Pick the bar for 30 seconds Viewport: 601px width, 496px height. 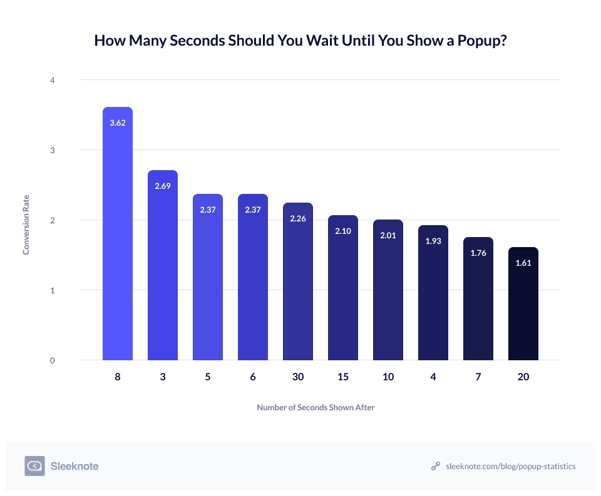pyautogui.click(x=298, y=281)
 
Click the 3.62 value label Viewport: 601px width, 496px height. pyautogui.click(x=118, y=123)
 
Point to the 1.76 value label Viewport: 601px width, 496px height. pyautogui.click(x=478, y=253)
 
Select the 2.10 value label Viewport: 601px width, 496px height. pyautogui.click(x=343, y=231)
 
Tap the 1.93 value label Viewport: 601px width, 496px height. pyautogui.click(x=433, y=241)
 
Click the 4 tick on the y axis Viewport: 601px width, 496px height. pyautogui.click(x=53, y=80)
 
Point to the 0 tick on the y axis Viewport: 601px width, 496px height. pyautogui.click(x=53, y=360)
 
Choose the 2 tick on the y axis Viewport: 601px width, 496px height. pyautogui.click(x=53, y=220)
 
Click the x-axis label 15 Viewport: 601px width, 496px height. pyautogui.click(x=343, y=378)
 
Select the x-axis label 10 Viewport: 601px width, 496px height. pyautogui.click(x=388, y=378)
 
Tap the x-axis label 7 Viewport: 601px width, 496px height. pyautogui.click(x=478, y=378)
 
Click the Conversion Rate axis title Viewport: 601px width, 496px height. pyautogui.click(x=26, y=220)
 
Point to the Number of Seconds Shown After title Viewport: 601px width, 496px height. pyautogui.click(x=316, y=407)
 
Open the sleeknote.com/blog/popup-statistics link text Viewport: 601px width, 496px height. pyautogui.click(x=510, y=467)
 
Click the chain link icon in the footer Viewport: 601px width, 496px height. pyautogui.click(x=436, y=467)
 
